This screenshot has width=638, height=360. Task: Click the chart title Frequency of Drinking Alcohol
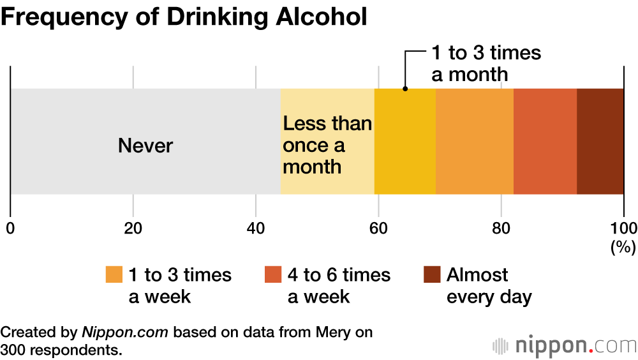click(x=184, y=17)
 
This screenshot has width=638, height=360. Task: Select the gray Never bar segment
click(x=145, y=141)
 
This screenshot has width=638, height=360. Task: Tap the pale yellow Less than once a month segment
click(x=327, y=141)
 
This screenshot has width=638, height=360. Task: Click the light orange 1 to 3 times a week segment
click(x=475, y=141)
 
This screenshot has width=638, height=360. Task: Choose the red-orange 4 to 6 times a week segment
click(x=545, y=141)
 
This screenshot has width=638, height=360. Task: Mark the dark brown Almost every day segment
click(x=600, y=141)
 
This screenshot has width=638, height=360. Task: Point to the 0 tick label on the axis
click(x=10, y=228)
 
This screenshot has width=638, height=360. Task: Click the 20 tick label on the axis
click(x=133, y=228)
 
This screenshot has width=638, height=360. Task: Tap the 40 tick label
click(x=256, y=228)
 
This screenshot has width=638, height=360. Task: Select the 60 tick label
click(x=378, y=228)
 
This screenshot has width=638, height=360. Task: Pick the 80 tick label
click(x=501, y=228)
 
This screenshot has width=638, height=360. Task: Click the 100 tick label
click(x=623, y=228)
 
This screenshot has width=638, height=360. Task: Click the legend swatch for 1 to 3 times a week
click(x=114, y=274)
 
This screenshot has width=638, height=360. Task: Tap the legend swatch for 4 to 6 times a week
click(x=272, y=274)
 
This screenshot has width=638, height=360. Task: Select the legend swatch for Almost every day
click(x=431, y=274)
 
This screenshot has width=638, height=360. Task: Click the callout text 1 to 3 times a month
click(x=486, y=63)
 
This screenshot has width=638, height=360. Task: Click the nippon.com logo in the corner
click(x=564, y=345)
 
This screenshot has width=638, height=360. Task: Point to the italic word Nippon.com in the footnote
click(x=125, y=332)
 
